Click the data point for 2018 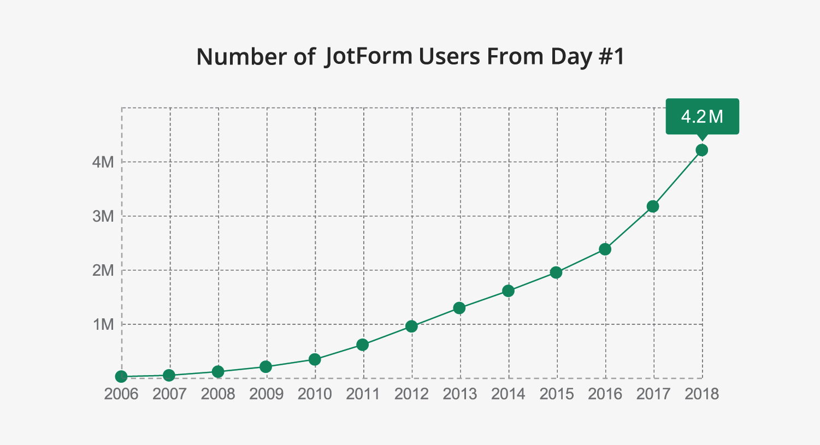(702, 150)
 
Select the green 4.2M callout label (702, 116)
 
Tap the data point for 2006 (121, 377)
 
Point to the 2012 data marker (411, 327)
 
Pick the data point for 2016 (605, 249)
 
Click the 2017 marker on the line (653, 206)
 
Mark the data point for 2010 (315, 359)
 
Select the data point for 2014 (508, 291)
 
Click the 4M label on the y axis (103, 162)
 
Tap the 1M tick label (103, 325)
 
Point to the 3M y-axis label (103, 216)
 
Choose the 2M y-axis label (103, 270)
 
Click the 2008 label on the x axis (218, 394)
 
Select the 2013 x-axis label (460, 394)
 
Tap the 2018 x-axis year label (702, 394)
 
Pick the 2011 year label (363, 394)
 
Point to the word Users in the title (450, 57)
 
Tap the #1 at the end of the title (612, 57)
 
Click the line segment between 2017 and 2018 (677, 178)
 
